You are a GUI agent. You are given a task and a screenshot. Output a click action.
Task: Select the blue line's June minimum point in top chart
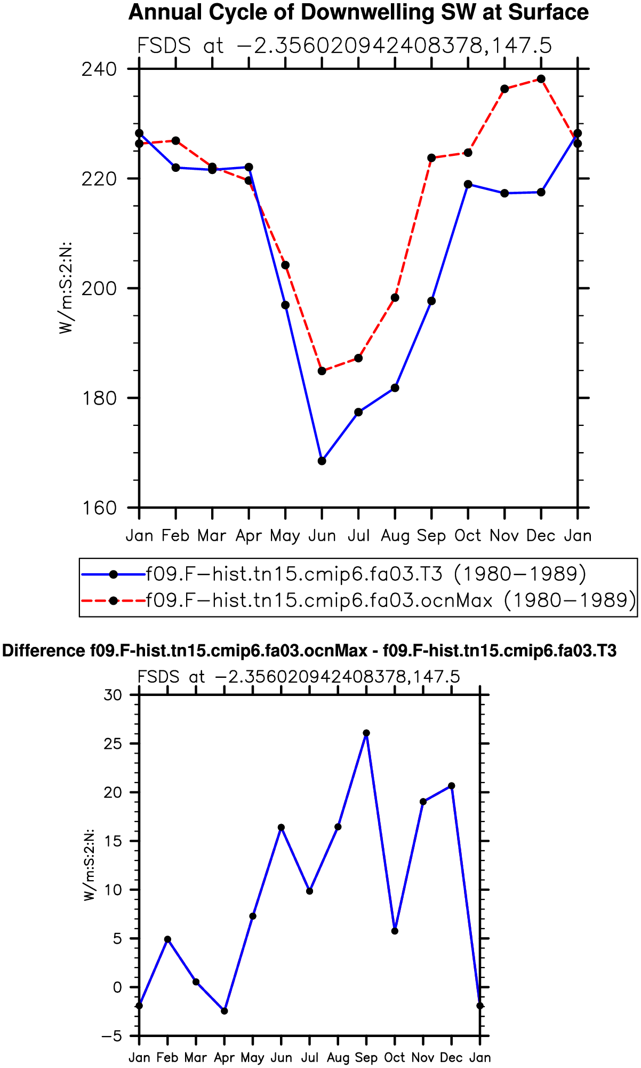pyautogui.click(x=322, y=461)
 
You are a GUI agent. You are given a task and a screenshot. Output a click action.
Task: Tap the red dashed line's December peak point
pyautogui.click(x=541, y=79)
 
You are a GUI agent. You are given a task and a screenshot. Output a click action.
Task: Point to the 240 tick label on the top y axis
pyautogui.click(x=99, y=69)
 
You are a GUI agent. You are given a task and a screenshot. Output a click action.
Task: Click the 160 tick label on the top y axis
pyautogui.click(x=99, y=508)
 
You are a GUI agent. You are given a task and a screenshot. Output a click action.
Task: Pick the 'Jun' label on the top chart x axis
pyautogui.click(x=322, y=535)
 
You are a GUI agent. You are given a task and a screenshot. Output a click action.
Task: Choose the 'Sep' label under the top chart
pyautogui.click(x=431, y=535)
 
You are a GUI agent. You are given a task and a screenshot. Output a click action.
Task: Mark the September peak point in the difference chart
pyautogui.click(x=366, y=733)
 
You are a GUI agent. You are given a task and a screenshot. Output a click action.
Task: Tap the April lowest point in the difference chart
pyautogui.click(x=225, y=1011)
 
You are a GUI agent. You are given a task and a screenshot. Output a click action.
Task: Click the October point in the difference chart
pyautogui.click(x=395, y=931)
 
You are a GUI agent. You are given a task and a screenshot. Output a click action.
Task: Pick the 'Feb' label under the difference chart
pyautogui.click(x=167, y=1057)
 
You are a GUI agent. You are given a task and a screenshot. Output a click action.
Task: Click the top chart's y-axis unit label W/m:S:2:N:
pyautogui.click(x=66, y=288)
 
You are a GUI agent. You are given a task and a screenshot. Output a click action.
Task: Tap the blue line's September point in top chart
pyautogui.click(x=431, y=301)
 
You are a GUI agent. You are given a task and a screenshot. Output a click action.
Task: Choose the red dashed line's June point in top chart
pyautogui.click(x=322, y=371)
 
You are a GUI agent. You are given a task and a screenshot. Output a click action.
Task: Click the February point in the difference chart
pyautogui.click(x=167, y=939)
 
